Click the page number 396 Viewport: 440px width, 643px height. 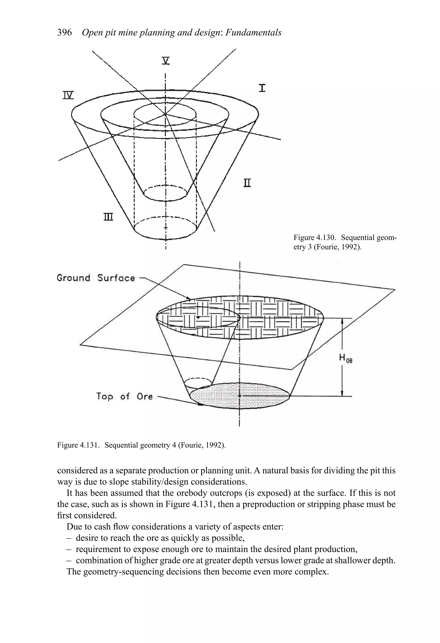(x=64, y=33)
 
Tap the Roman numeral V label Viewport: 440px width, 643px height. (x=165, y=61)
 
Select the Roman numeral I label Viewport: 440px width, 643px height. (x=262, y=88)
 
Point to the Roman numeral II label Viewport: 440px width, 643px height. (x=247, y=183)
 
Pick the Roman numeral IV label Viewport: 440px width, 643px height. (x=68, y=95)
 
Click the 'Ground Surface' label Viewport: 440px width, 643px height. (x=96, y=278)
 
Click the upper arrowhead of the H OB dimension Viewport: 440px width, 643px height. (x=342, y=321)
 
